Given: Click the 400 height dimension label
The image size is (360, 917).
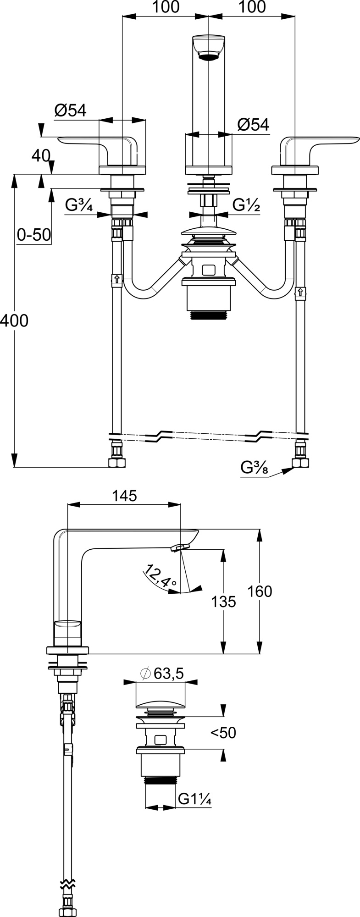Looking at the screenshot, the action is point(14,320).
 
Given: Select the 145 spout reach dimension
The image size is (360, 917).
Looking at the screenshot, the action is point(124,496).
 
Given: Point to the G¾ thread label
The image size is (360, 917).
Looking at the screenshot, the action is point(79,205).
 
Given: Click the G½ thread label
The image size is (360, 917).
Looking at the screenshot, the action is point(247,205).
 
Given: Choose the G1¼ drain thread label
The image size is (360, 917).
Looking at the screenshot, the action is point(194,799).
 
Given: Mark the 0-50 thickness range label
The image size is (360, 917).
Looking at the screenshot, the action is point(33,235).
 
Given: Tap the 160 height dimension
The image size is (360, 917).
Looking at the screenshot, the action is point(260,591).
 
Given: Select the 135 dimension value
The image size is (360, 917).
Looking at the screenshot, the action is point(223,601).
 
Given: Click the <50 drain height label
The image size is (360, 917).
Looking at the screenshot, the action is point(223,733).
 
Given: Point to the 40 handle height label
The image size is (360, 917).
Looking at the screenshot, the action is point(40,156).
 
